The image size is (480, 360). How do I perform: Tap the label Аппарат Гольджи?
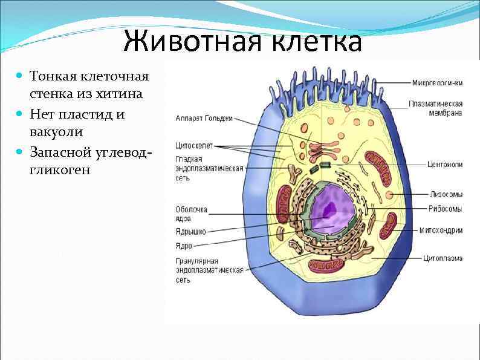point(204,118)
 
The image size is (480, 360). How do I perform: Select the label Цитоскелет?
point(193,145)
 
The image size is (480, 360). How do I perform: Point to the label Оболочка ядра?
point(191,214)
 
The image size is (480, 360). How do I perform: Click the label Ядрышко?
point(190,231)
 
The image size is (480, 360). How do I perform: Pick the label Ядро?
point(184,246)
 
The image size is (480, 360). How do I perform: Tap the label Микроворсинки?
point(438,82)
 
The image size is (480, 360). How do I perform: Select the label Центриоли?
point(444,164)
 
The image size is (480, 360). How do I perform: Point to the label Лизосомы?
point(446,194)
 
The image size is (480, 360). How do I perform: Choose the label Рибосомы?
point(446,209)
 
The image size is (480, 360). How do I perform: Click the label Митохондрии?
point(441,231)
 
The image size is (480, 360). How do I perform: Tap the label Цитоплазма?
point(443,258)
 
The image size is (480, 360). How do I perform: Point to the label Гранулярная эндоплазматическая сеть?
point(209,270)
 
